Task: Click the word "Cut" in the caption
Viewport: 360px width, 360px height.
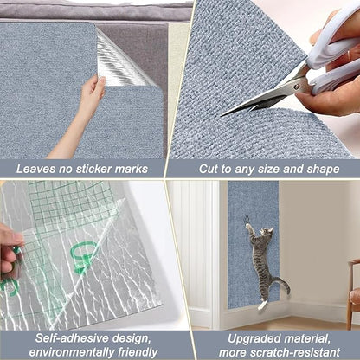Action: click(x=212, y=169)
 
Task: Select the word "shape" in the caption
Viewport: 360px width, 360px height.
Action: click(x=320, y=169)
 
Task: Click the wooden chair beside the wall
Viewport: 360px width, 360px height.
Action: click(x=353, y=294)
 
